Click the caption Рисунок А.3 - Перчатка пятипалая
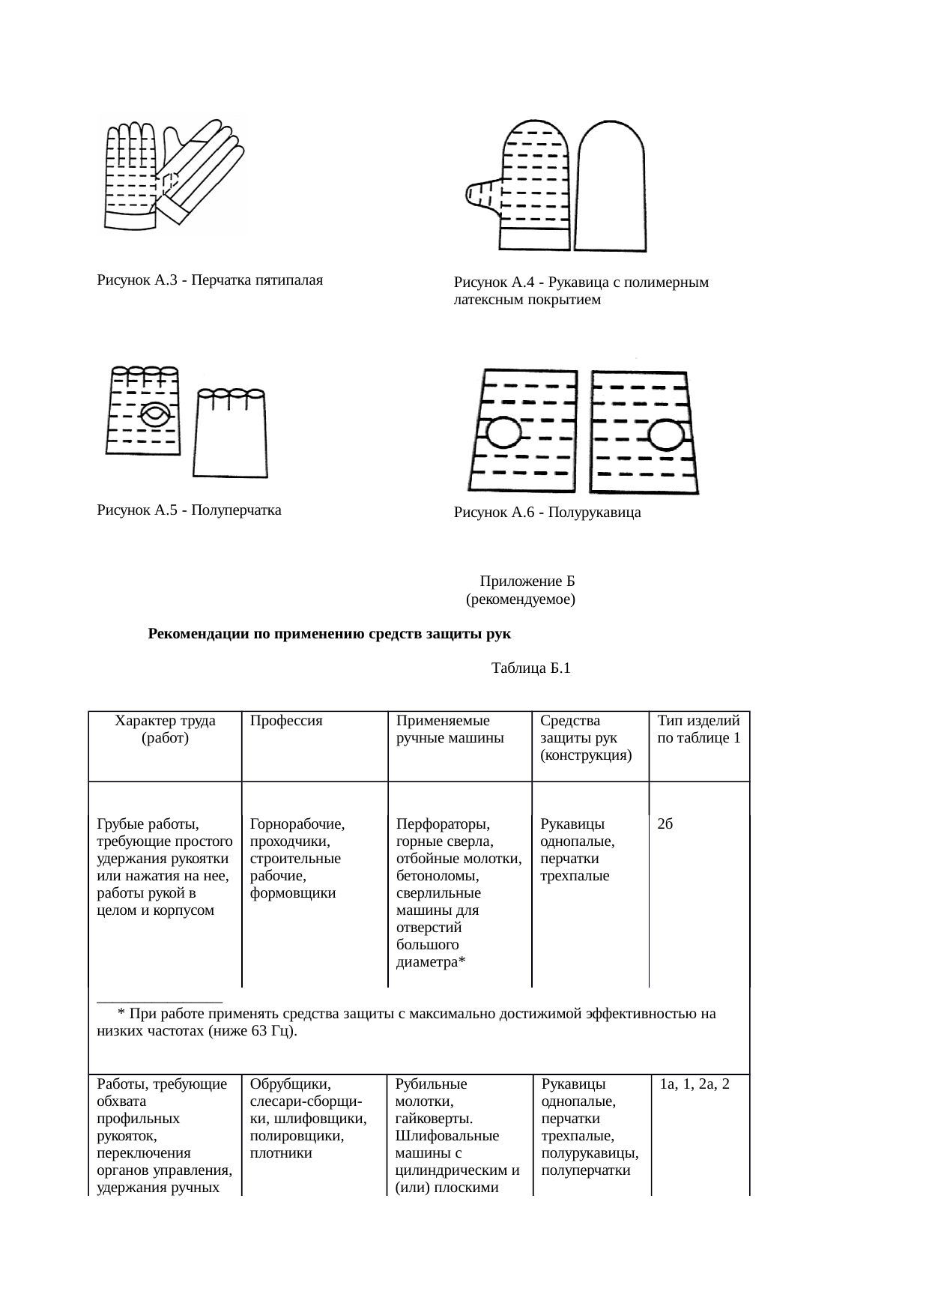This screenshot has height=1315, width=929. tap(210, 281)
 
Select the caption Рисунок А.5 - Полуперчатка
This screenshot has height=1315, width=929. tap(189, 511)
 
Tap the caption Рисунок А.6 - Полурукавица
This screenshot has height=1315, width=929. tap(547, 513)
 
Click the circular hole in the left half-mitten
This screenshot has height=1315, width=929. tap(503, 434)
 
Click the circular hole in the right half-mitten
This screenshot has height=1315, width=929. tap(665, 435)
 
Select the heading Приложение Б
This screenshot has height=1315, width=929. tap(527, 581)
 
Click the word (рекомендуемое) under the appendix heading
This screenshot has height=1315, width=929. tap(521, 600)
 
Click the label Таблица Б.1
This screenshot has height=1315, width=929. tap(530, 668)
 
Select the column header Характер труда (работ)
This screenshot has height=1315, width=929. tap(165, 729)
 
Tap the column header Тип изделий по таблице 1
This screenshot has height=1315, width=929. tap(699, 729)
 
